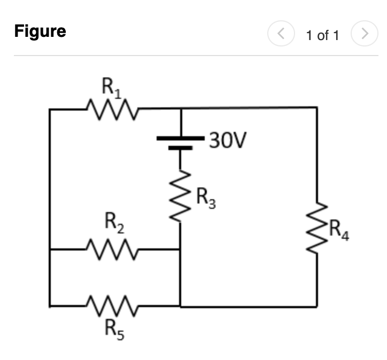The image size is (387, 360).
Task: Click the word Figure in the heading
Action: (x=40, y=32)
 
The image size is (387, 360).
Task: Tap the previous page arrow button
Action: (x=281, y=35)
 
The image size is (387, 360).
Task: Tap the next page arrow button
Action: (x=364, y=35)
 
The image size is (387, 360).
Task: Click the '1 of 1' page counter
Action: (x=322, y=36)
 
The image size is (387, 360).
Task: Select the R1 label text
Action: (x=111, y=88)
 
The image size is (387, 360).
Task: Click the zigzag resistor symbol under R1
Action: (x=112, y=109)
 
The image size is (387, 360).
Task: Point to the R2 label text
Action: (x=114, y=224)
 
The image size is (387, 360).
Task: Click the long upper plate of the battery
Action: (x=181, y=138)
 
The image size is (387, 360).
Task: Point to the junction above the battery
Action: (x=181, y=108)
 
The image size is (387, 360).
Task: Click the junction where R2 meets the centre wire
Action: (x=180, y=249)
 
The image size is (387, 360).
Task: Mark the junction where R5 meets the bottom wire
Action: (x=180, y=307)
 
